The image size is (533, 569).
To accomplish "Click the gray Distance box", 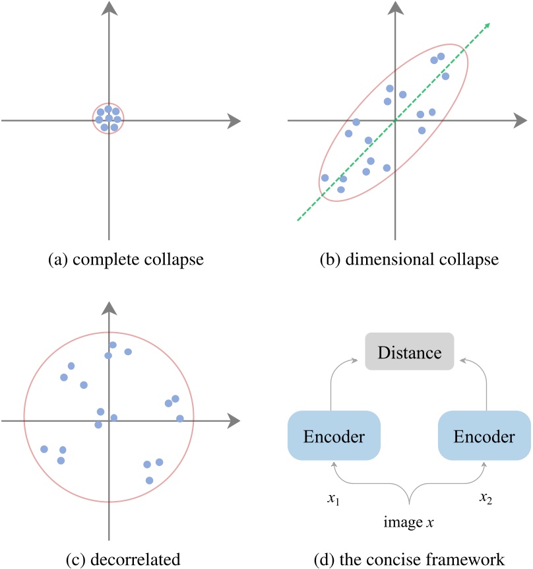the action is click(x=409, y=352).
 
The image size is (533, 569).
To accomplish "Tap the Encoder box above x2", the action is click(x=484, y=436).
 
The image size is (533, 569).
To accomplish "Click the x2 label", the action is click(x=487, y=498).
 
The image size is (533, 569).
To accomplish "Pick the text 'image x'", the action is click(x=409, y=523).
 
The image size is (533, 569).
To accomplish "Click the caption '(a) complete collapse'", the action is click(x=125, y=259).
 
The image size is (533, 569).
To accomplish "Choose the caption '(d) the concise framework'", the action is click(x=409, y=559).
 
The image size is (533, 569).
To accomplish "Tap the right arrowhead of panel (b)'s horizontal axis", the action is click(x=519, y=121).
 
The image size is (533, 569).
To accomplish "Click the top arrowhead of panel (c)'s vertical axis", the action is click(x=109, y=308).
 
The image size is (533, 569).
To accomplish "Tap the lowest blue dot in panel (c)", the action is click(x=149, y=480).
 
